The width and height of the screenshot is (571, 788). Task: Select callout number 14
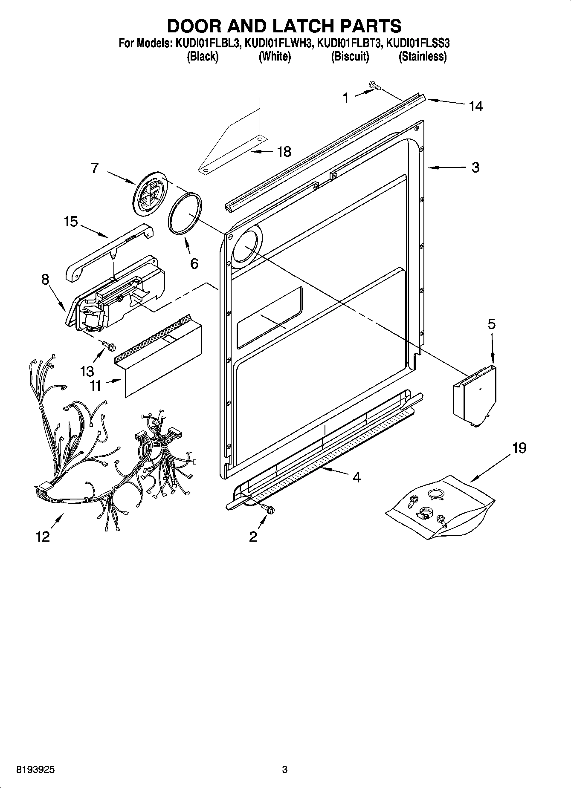coord(476,106)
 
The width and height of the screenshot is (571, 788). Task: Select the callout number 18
coord(284,151)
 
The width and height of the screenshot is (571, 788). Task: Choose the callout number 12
coord(43,537)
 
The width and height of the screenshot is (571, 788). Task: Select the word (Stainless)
coord(422,57)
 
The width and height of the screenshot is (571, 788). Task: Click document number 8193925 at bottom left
coord(35,770)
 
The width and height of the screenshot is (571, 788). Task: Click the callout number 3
coord(475,167)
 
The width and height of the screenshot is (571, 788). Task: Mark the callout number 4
coord(357,477)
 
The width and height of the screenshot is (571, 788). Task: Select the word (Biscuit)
coord(350,57)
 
